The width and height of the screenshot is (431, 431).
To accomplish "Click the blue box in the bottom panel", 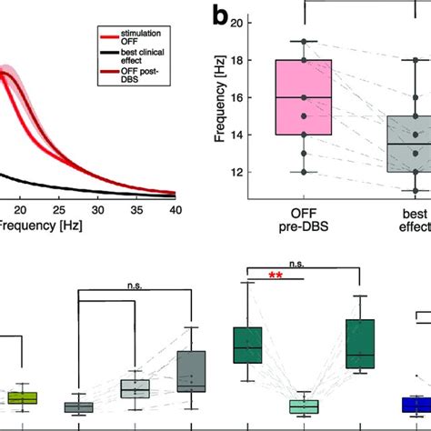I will (x=416, y=405).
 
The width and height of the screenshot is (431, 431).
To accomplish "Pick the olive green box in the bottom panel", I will (x=22, y=397).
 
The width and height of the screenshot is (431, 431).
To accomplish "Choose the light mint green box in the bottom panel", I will (x=303, y=406).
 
